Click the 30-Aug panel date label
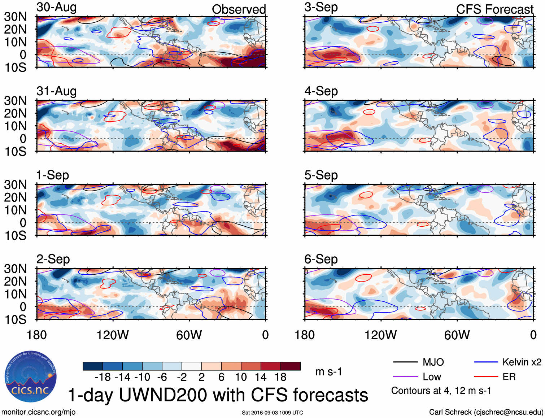point(57,7)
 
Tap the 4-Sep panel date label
point(321,91)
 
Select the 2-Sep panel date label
point(53,259)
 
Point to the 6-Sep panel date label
point(321,259)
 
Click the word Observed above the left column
point(239,9)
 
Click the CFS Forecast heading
point(494,9)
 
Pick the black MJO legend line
point(405,362)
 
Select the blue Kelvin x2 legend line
point(486,362)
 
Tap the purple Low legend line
point(405,377)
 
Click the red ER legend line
point(486,377)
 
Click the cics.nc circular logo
point(30,377)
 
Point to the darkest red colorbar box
point(291,366)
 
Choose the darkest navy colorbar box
point(93,366)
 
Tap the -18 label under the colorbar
point(103,377)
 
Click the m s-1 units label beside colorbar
point(328,371)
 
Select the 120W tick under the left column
point(113,335)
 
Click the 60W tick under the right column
point(457,335)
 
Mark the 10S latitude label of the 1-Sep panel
point(15,235)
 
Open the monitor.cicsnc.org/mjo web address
point(38,412)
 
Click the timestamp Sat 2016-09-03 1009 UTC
point(272,413)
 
